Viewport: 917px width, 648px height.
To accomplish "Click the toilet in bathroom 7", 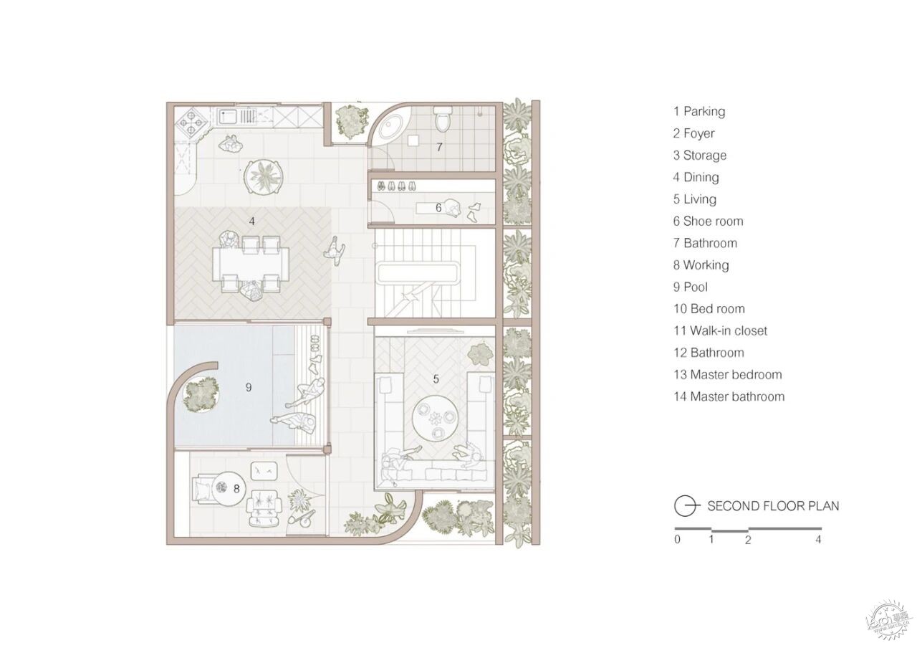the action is coord(443,118).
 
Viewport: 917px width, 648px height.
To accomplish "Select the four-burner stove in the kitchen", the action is coord(191,121).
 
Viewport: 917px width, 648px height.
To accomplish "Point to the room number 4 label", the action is coord(251,221).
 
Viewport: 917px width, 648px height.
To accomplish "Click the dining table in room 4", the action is coord(251,265).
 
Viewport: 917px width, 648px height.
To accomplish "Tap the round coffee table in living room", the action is coord(435,420).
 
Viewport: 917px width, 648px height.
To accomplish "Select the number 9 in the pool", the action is coord(249,387).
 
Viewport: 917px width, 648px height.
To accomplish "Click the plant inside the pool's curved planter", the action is coord(200,394).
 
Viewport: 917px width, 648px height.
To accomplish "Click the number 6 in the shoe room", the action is coord(438,208).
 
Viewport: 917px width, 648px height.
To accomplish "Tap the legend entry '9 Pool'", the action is coord(691,287).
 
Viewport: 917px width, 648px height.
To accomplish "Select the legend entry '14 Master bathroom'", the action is coord(729,396).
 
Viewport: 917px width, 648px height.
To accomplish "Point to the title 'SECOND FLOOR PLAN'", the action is coord(773,506).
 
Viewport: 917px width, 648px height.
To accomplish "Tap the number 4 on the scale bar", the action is coord(818,540).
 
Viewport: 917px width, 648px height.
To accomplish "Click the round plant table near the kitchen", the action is coord(264,177).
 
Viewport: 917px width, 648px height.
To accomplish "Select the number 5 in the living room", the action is coord(436,379).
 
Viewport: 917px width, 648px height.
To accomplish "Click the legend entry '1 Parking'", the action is coord(699,111).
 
